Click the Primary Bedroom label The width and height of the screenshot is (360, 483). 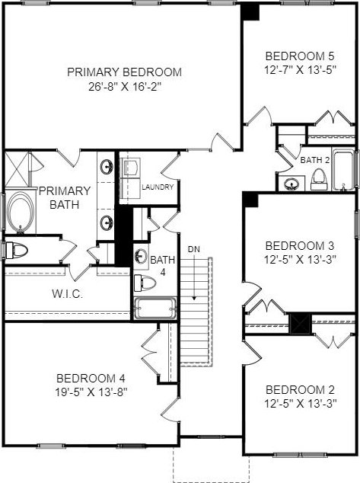tap(124, 72)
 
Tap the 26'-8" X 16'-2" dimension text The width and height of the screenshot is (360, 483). tap(125, 87)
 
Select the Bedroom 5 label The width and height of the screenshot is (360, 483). tap(300, 56)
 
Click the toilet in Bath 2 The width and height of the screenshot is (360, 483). tap(320, 179)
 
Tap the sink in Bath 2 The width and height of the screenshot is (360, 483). tap(291, 184)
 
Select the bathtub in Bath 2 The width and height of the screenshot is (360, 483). tap(343, 170)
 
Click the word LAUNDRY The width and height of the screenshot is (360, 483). tap(158, 187)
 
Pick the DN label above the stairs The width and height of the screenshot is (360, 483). tap(194, 249)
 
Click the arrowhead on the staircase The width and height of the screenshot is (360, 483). tap(194, 298)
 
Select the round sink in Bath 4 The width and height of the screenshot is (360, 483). tap(141, 256)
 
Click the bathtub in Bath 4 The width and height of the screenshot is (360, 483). tap(155, 308)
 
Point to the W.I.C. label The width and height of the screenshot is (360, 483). tap(68, 294)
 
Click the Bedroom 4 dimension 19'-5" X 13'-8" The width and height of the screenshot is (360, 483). tap(91, 392)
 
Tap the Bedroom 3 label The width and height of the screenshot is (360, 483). tap(300, 246)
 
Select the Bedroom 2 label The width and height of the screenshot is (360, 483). tap(300, 389)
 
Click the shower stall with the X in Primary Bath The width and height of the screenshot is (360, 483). tap(16, 169)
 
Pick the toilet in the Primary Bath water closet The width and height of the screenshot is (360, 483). tap(17, 250)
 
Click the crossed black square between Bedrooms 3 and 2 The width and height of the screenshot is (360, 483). tap(301, 324)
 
